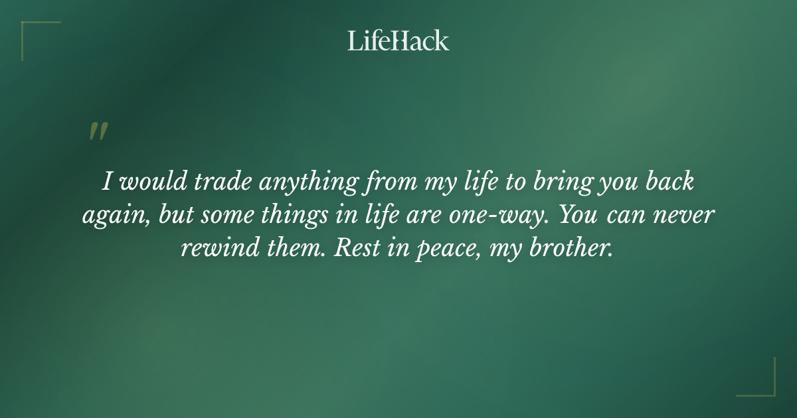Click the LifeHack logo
pyautogui.click(x=398, y=40)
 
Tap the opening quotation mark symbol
pyautogui.click(x=98, y=131)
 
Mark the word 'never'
pyautogui.click(x=686, y=217)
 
